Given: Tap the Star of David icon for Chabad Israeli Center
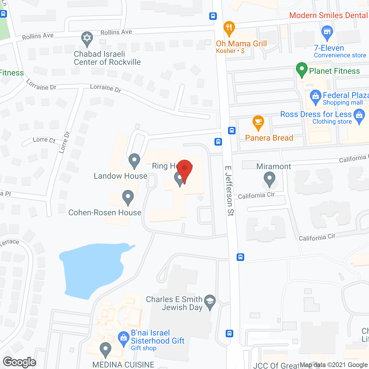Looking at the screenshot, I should click(87, 38).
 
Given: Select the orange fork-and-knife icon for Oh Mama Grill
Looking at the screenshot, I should click(229, 28).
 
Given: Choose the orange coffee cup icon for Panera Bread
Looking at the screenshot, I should click(258, 123).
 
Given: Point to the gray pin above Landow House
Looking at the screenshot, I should click(134, 161).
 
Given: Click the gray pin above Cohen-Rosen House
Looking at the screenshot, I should click(128, 197).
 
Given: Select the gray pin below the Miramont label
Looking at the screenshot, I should click(269, 179).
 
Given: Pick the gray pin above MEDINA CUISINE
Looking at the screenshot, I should click(106, 349).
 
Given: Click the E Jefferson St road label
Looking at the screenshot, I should click(229, 191).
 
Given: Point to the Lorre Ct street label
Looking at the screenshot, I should click(44, 140).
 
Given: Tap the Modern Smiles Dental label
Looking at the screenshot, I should click(328, 15).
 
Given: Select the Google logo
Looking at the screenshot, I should click(20, 362).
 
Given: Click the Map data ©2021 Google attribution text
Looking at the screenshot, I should click(334, 365).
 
